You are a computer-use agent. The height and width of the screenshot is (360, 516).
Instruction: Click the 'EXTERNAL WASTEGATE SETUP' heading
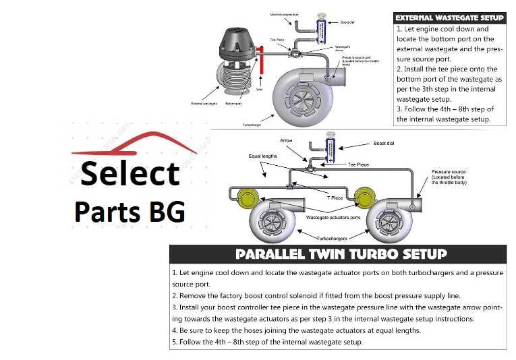pyautogui.click(x=449, y=18)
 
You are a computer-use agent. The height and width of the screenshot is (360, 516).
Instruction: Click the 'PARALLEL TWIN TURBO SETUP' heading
pyautogui.click(x=341, y=254)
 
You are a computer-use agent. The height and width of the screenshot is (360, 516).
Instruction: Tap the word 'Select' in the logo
pyautogui.click(x=130, y=173)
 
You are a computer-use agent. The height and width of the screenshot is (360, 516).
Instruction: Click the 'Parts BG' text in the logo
pyautogui.click(x=129, y=211)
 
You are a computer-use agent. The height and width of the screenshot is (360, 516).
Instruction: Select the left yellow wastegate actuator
pyautogui.click(x=248, y=197)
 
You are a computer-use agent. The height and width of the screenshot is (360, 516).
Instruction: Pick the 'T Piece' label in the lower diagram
pyautogui.click(x=335, y=198)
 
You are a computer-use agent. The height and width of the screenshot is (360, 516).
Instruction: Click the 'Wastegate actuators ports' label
pyautogui.click(x=333, y=218)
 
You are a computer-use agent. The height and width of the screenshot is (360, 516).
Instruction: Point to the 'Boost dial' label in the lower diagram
pyautogui.click(x=383, y=143)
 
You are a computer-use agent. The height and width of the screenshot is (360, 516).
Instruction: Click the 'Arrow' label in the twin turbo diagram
pyautogui.click(x=286, y=141)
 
